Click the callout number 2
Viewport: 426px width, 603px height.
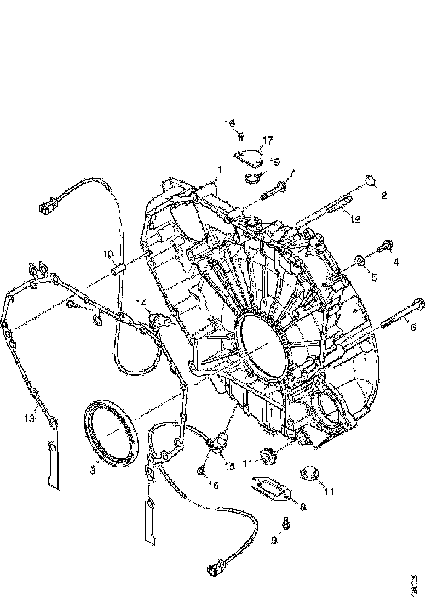pyautogui.click(x=384, y=195)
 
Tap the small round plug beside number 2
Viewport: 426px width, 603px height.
pyautogui.click(x=370, y=181)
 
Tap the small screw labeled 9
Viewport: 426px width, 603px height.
pyautogui.click(x=286, y=524)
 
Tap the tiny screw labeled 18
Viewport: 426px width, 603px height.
pyautogui.click(x=241, y=134)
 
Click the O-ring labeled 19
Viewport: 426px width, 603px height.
pyautogui.click(x=253, y=178)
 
